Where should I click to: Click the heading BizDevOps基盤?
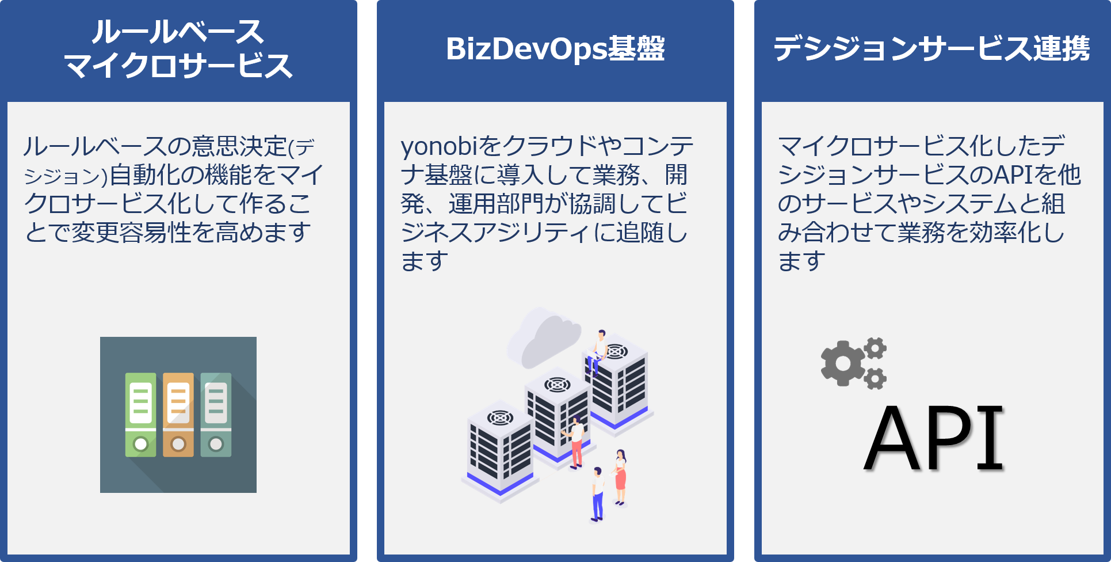[555, 48]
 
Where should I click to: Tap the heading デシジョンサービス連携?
[931, 48]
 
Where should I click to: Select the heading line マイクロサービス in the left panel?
[178, 66]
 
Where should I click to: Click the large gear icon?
[842, 363]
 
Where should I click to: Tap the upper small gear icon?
[875, 348]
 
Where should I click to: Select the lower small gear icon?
[875, 379]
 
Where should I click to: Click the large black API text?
[934, 438]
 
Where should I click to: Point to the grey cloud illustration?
[543, 337]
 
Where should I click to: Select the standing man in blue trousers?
[598, 494]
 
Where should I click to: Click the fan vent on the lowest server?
[500, 417]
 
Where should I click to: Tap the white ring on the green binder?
[140, 444]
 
